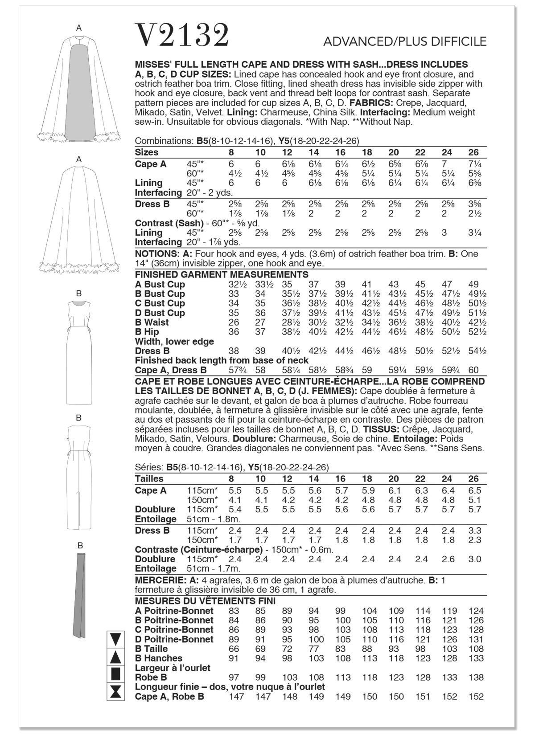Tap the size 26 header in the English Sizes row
point(473,152)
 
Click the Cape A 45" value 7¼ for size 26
point(474,164)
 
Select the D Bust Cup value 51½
point(477,313)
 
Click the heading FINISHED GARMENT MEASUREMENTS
point(222,274)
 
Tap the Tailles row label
point(149,479)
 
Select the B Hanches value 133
point(476,658)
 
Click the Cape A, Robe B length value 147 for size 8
point(236,696)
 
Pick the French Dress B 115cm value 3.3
point(475,531)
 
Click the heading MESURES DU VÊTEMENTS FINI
point(205,601)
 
